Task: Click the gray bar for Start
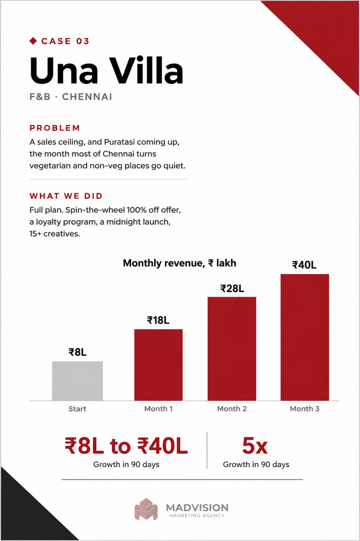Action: click(x=77, y=381)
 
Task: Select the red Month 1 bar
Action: click(x=158, y=365)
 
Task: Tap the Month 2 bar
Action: click(x=232, y=349)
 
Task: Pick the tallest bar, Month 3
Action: click(x=305, y=338)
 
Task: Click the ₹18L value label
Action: click(x=158, y=320)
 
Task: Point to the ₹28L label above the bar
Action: click(x=232, y=288)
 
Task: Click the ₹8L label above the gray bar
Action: click(x=77, y=352)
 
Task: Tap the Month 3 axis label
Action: click(x=305, y=409)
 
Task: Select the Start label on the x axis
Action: click(x=77, y=409)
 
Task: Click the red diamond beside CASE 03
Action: click(x=33, y=41)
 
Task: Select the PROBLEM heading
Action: click(x=55, y=128)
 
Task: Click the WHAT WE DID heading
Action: click(x=66, y=196)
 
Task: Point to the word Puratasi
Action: click(x=119, y=142)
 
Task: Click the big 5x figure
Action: click(x=255, y=446)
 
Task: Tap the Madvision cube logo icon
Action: click(x=146, y=509)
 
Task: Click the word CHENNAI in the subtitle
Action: click(x=87, y=97)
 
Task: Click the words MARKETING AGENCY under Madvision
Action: click(x=197, y=516)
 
